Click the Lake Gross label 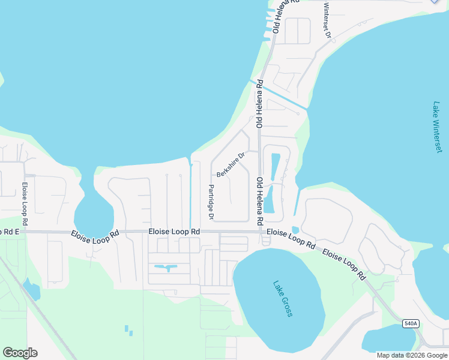(x=282, y=299)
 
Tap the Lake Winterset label (x=438, y=127)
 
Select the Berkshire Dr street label (x=231, y=164)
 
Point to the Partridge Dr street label (x=211, y=202)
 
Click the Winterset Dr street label (x=327, y=21)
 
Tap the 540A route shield (x=411, y=323)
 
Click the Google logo (x=20, y=352)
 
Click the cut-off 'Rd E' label (x=10, y=232)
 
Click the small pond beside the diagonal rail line (x=32, y=290)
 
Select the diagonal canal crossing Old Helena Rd (x=279, y=97)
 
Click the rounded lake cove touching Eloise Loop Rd (x=92, y=213)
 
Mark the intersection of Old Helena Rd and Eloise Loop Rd (x=260, y=232)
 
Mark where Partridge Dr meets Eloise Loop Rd (x=211, y=232)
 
